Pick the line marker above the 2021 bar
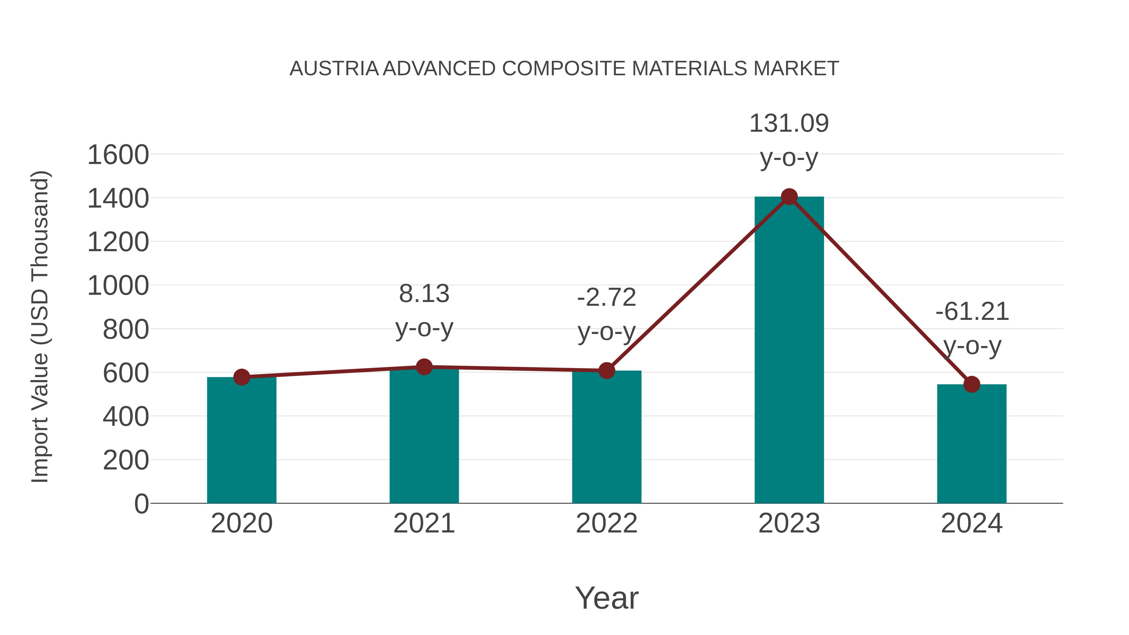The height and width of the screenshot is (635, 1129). (x=424, y=367)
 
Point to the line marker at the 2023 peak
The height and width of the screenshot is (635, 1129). (x=789, y=197)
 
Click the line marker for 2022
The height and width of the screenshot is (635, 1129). (x=607, y=370)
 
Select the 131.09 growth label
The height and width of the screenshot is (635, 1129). (x=789, y=123)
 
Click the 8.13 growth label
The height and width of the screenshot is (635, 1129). (x=424, y=294)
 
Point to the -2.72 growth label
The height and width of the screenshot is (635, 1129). (x=607, y=298)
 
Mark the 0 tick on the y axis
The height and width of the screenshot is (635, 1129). (x=141, y=504)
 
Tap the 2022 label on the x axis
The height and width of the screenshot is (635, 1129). (x=607, y=523)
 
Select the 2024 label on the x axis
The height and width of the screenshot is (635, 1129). (x=972, y=523)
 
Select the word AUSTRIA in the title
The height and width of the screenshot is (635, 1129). (x=334, y=69)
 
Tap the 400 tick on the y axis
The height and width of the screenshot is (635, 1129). (x=126, y=417)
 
